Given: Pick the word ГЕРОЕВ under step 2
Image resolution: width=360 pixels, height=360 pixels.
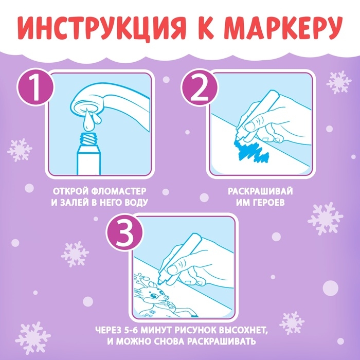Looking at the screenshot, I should click(x=269, y=202).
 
